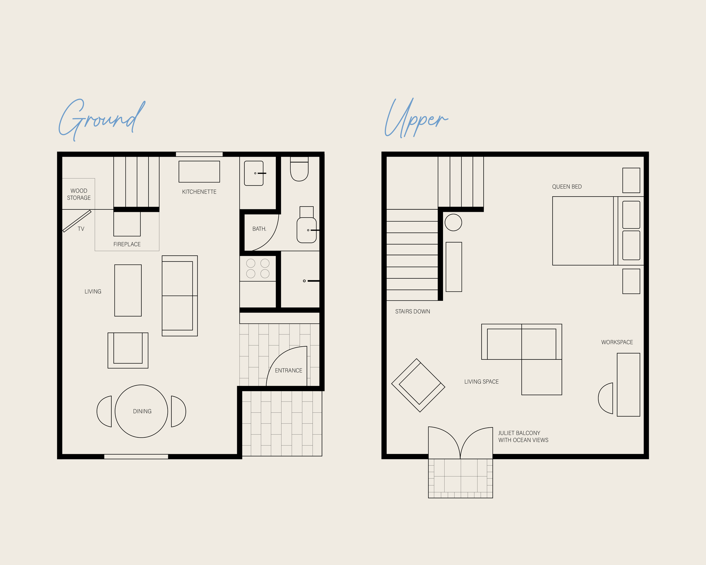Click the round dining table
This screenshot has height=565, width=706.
[x=141, y=411]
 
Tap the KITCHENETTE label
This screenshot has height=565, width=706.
[x=199, y=192]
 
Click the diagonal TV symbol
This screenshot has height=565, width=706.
[x=77, y=221]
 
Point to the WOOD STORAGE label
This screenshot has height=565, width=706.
[x=79, y=194]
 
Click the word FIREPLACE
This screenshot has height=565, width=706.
[x=127, y=244]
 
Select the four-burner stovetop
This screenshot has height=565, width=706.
[x=258, y=268]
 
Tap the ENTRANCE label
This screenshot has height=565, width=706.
[x=289, y=370]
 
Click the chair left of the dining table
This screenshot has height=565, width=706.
[x=104, y=412]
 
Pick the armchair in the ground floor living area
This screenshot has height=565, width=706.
[x=128, y=350]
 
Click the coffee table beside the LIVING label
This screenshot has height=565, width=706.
[x=128, y=290]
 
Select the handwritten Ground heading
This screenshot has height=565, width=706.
[x=102, y=119]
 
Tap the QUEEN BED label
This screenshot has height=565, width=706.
[x=567, y=187]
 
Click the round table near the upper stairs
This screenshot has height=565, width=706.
[x=453, y=222]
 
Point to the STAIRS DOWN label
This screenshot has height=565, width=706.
[x=413, y=311]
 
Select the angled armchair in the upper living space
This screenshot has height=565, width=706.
[x=418, y=385]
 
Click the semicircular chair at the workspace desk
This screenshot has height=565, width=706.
[x=606, y=398]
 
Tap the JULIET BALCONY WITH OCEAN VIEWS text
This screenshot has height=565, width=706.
[x=523, y=436]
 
